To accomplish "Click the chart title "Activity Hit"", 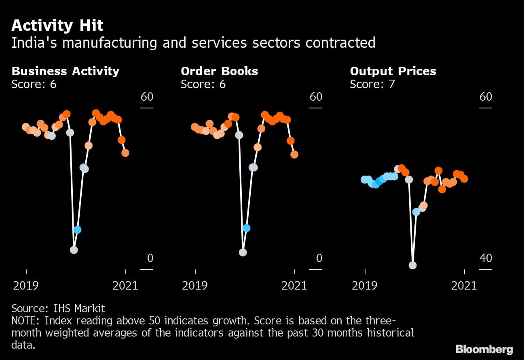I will click(x=57, y=26).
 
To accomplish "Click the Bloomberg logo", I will click(x=484, y=349).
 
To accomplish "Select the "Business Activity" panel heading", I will click(x=65, y=71).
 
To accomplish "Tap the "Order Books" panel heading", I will click(x=219, y=71).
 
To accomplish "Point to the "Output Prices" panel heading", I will click(x=393, y=71).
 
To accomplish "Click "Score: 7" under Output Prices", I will click(x=372, y=84).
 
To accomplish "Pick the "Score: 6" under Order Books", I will click(x=203, y=84).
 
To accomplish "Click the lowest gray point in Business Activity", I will click(x=74, y=250).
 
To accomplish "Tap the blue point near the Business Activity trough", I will click(x=77, y=230).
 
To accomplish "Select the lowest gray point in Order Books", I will click(x=243, y=252).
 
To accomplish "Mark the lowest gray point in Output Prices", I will click(x=412, y=265).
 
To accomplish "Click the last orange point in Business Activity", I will click(x=125, y=153).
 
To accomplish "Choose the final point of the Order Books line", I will click(x=294, y=155).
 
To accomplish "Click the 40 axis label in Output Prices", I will click(x=486, y=258).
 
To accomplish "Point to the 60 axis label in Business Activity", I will click(x=147, y=97).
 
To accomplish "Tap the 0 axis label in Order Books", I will click(x=319, y=258).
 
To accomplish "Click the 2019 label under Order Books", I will click(x=195, y=286).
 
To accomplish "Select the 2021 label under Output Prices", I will click(x=464, y=286).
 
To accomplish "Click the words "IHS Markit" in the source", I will click(x=79, y=309).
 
